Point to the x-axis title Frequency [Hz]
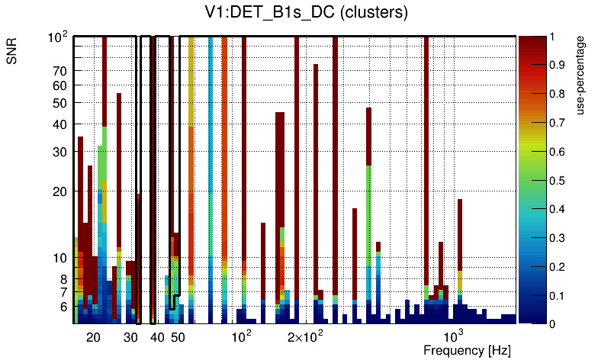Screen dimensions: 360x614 click(x=467, y=350)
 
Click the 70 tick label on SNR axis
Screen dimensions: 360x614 click(x=60, y=71)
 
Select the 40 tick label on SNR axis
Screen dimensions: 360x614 click(x=60, y=124)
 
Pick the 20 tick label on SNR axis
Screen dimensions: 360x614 click(x=60, y=191)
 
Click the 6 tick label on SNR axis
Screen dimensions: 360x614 click(x=63, y=307)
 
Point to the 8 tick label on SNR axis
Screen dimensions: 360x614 click(x=63, y=279)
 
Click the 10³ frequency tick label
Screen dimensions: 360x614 click(x=454, y=336)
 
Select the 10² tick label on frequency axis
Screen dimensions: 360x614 click(x=241, y=336)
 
